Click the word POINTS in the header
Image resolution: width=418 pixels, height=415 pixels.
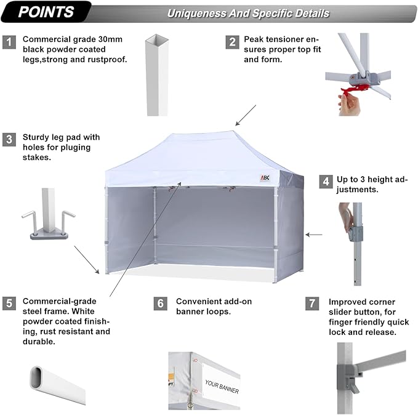click(x=46, y=12)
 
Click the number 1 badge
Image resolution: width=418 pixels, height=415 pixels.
click(x=9, y=42)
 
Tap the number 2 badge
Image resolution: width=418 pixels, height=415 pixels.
click(x=232, y=42)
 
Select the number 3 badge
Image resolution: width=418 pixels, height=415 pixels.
click(x=9, y=140)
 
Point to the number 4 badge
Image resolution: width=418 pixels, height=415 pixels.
click(x=326, y=182)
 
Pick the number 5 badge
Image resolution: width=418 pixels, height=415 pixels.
click(x=9, y=304)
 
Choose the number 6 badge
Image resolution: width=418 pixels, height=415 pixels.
click(x=161, y=304)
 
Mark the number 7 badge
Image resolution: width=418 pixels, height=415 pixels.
click(x=312, y=304)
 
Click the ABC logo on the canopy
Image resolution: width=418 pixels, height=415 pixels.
click(x=265, y=178)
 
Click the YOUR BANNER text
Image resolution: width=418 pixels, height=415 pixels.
click(x=222, y=387)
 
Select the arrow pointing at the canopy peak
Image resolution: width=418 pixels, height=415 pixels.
click(x=246, y=115)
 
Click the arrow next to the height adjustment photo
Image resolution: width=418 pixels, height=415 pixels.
click(x=314, y=235)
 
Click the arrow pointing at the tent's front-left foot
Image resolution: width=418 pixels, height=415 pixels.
click(x=87, y=260)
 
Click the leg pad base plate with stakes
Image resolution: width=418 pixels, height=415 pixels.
click(x=49, y=235)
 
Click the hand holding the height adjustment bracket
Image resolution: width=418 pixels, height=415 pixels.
click(x=346, y=217)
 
